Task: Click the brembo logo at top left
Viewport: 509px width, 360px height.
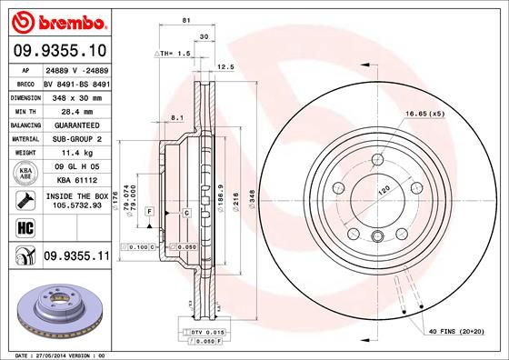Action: [55, 20]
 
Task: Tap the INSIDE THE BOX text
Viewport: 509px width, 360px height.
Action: [75, 195]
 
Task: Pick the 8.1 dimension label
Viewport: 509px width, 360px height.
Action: [177, 116]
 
